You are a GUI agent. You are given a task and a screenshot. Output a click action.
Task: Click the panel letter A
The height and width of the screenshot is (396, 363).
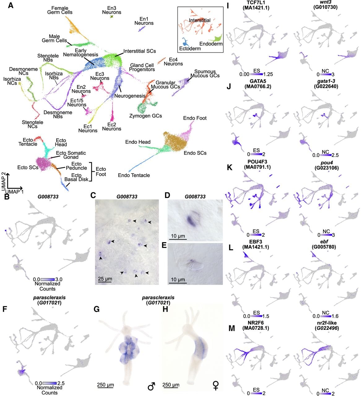[11, 5]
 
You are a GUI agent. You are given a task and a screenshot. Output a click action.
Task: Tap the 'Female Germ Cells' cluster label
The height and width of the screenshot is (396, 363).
[60, 10]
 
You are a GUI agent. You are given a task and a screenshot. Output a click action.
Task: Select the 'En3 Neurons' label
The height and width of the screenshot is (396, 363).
[112, 10]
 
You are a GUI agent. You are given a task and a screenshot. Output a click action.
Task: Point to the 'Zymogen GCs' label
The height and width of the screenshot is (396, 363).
[145, 116]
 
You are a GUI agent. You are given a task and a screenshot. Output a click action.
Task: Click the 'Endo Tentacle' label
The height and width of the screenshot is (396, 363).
[134, 175]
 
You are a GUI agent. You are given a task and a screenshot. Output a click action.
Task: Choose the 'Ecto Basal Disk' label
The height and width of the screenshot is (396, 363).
[76, 177]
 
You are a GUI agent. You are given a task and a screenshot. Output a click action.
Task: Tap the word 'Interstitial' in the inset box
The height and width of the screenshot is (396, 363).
[200, 20]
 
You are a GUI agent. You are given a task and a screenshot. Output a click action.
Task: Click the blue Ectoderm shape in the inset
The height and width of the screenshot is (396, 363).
[185, 42]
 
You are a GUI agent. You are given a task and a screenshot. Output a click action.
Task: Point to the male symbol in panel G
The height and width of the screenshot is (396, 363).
[151, 386]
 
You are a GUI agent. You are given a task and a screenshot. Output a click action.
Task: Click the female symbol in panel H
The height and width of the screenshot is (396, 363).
[216, 386]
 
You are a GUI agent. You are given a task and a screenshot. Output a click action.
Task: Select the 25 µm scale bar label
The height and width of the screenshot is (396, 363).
[105, 279]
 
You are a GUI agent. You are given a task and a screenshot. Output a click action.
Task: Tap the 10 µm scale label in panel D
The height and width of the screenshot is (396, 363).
[178, 236]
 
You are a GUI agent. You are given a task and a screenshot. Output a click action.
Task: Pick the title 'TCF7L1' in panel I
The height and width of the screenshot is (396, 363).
[256, 2]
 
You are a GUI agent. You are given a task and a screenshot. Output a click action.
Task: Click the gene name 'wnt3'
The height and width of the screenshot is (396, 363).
[326, 2]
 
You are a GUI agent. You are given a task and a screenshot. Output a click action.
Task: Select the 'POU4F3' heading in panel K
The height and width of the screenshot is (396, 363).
[257, 162]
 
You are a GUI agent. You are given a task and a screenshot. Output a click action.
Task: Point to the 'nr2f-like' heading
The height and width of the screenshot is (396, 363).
[327, 323]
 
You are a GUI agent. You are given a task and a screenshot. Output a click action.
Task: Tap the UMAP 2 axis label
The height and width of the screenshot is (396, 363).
[3, 181]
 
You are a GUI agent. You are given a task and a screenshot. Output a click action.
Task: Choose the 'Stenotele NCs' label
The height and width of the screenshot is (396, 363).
[32, 124]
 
